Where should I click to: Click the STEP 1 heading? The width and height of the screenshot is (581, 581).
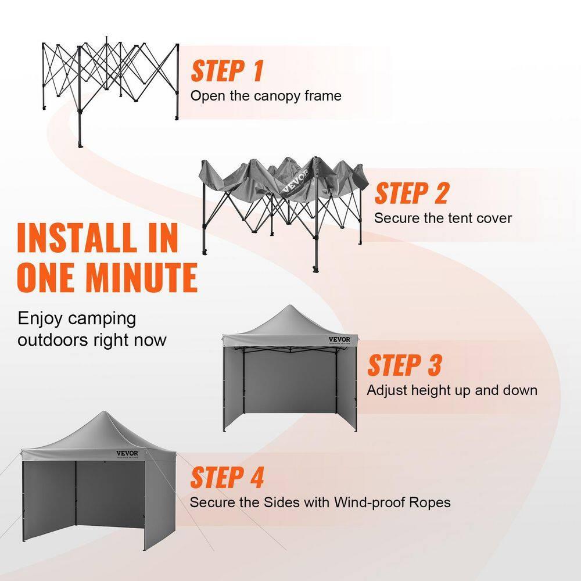coord(227,71)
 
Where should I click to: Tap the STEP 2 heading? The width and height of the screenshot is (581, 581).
coord(411,193)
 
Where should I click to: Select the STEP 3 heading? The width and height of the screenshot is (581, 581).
coord(404,365)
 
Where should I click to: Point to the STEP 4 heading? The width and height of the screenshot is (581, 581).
coord(227,478)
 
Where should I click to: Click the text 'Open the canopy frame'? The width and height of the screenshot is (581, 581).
coord(266,96)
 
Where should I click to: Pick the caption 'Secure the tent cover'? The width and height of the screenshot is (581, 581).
coord(443,218)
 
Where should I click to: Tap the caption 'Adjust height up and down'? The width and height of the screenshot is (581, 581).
coord(451,390)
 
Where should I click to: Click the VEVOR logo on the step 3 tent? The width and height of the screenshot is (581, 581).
coord(340,340)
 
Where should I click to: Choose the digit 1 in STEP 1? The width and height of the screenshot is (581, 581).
coord(256,71)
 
